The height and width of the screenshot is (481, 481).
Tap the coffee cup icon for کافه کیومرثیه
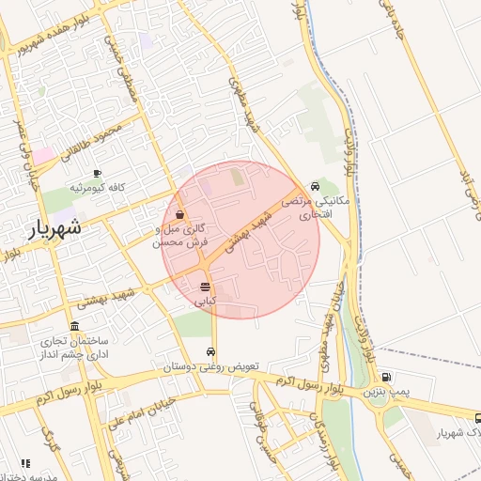pyautogui.click(x=97, y=173)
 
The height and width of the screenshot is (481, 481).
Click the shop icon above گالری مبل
pyautogui.click(x=179, y=213)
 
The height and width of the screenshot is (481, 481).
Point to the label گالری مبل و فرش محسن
pyautogui.click(x=179, y=235)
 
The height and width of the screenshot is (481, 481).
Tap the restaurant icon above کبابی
pyautogui.click(x=205, y=287)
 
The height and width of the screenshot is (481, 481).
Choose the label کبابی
pyautogui.click(x=205, y=302)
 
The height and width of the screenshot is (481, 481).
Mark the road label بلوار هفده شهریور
pyautogui.click(x=57, y=34)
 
